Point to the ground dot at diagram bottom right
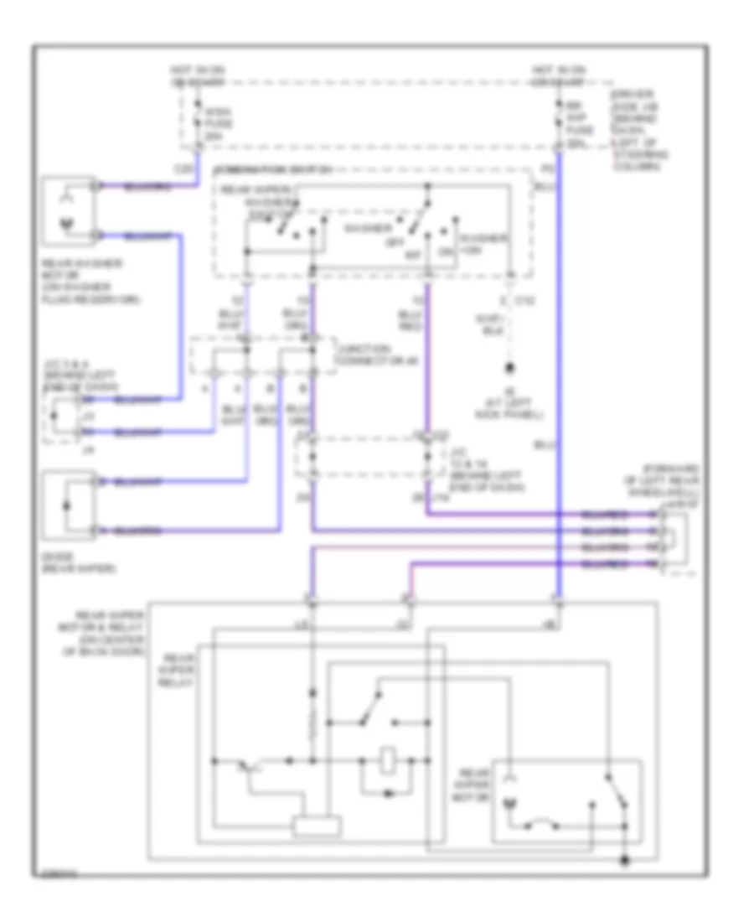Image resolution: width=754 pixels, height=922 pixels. [x=624, y=860]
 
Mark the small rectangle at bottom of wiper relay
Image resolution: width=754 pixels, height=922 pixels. [x=318, y=826]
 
